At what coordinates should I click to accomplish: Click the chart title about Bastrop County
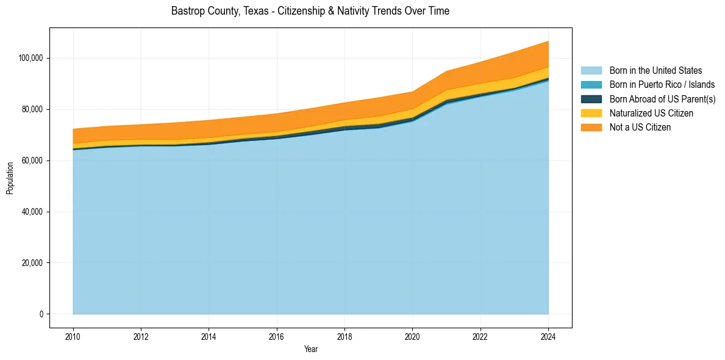coord(310,11)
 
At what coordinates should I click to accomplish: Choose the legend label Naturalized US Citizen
coord(651,113)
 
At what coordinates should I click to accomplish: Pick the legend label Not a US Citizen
coord(640,128)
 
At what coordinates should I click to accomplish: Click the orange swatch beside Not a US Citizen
coord(591,128)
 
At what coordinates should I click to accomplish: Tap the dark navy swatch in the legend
coord(591,99)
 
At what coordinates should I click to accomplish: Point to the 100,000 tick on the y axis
coord(30,58)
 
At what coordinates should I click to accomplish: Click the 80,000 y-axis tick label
coord(32,109)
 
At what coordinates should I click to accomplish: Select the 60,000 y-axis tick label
coord(32,160)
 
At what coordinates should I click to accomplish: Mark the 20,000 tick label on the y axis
coord(32,263)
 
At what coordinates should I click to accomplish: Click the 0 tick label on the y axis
coord(41,314)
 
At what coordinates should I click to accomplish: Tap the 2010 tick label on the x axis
coord(73,336)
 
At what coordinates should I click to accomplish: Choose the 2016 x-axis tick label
coord(277,336)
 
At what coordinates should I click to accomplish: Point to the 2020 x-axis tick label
coord(413,336)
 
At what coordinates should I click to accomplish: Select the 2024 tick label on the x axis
coord(549,336)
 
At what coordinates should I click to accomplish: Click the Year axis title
coord(310,350)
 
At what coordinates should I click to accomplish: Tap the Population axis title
coord(10,178)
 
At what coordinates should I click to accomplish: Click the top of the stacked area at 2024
coord(549,41)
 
